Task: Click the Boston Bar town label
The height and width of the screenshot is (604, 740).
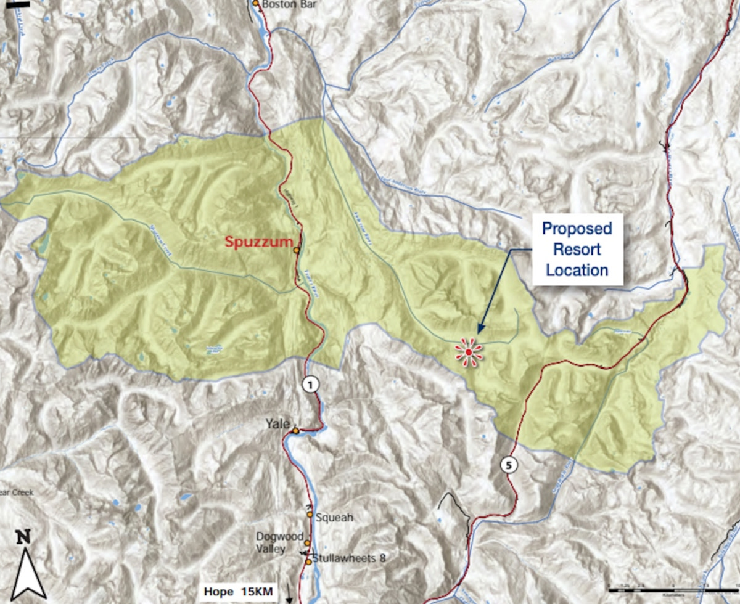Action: click(x=286, y=5)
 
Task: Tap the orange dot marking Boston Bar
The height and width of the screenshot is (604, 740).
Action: click(x=256, y=4)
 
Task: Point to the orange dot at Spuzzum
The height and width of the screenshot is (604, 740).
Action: click(x=297, y=251)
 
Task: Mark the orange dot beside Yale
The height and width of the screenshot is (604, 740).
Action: click(x=295, y=431)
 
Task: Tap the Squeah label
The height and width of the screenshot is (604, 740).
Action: click(x=334, y=517)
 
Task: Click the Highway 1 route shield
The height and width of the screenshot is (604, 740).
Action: click(x=311, y=385)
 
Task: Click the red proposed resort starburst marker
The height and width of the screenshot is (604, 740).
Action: click(x=469, y=352)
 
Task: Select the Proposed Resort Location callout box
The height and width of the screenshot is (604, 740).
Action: click(x=577, y=250)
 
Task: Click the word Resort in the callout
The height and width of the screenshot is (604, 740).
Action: click(x=577, y=250)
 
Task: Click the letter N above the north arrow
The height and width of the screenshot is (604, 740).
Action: click(x=23, y=537)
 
